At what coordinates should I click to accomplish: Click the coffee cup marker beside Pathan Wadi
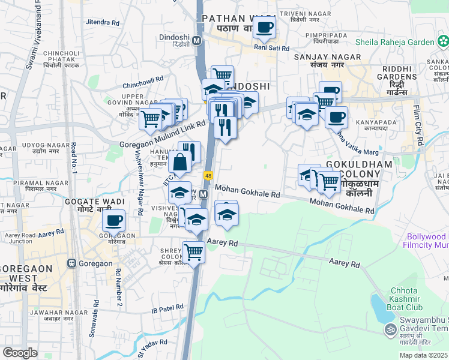pyautogui.click(x=264, y=27)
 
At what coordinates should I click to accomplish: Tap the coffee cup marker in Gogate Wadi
pyautogui.click(x=113, y=220)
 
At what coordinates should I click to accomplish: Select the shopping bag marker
pyautogui.click(x=179, y=161)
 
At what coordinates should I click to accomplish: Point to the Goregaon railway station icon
pyautogui.click(x=72, y=263)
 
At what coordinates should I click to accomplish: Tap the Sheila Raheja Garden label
pyautogui.click(x=395, y=42)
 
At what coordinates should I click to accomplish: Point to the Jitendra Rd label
pyautogui.click(x=103, y=22)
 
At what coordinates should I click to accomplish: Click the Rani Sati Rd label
pyautogui.click(x=271, y=48)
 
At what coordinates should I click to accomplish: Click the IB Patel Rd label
pyautogui.click(x=167, y=308)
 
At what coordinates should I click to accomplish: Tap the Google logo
pyautogui.click(x=20, y=353)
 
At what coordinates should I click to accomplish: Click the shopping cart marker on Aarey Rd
pyautogui.click(x=193, y=252)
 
